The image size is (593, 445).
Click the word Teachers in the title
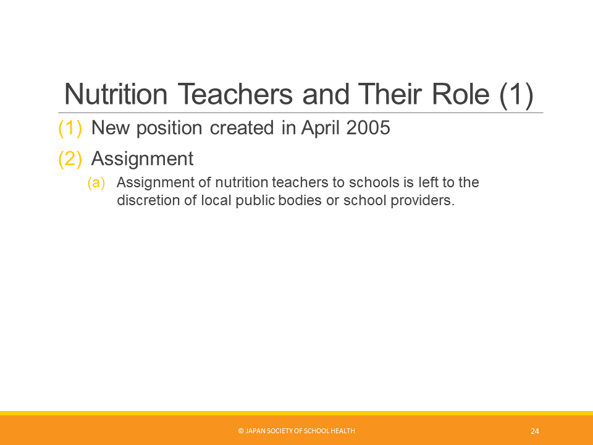point(235,94)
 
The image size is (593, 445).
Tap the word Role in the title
point(461,94)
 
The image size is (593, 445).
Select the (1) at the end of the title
point(516,95)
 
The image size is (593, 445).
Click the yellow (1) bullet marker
point(70,128)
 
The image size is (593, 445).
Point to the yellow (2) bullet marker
point(70,159)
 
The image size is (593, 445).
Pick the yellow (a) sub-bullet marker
point(96,182)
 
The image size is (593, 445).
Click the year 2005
point(368,127)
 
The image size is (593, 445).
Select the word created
point(242,128)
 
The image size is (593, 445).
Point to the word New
point(110,128)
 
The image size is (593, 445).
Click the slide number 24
point(535,431)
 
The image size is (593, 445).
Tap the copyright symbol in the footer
point(240,431)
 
